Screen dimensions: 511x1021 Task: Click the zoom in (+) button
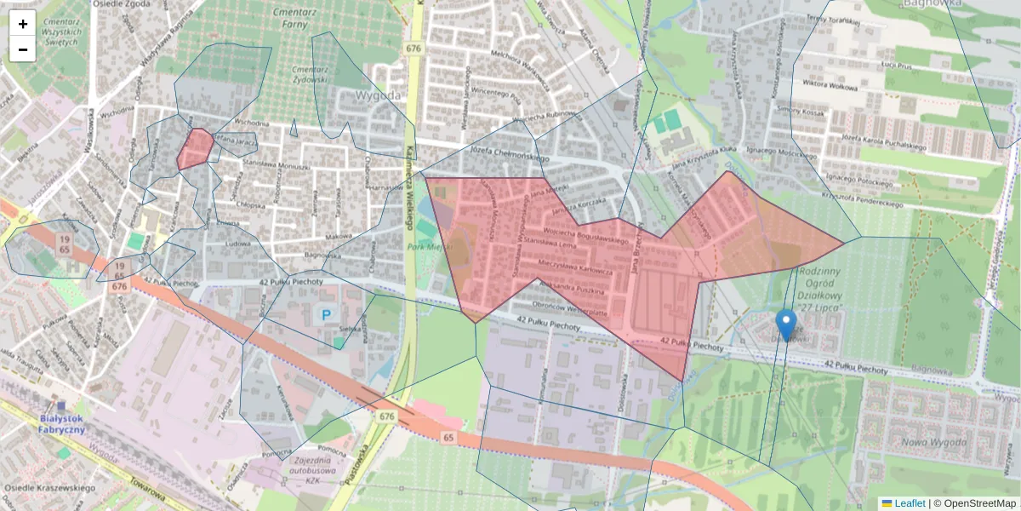click(x=23, y=24)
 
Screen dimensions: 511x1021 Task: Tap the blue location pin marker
click(x=787, y=324)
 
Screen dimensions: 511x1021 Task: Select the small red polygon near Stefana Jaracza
click(x=195, y=148)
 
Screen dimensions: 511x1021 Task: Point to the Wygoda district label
click(x=378, y=95)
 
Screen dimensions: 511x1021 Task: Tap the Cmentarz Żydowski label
click(x=309, y=74)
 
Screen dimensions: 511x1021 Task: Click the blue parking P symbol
click(x=325, y=314)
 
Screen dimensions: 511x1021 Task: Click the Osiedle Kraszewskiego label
click(x=49, y=488)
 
